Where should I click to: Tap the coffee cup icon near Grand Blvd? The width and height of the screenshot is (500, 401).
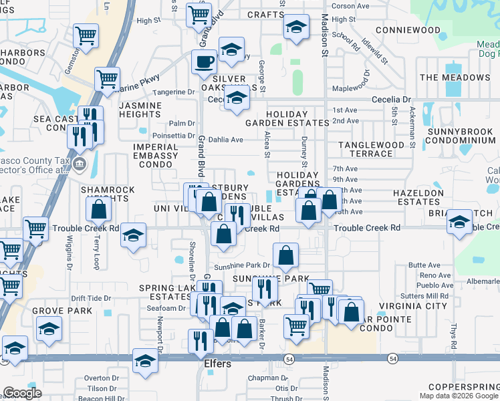point(204,62)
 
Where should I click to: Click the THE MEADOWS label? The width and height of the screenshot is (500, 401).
point(455,78)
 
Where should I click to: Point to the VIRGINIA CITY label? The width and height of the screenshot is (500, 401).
point(412,306)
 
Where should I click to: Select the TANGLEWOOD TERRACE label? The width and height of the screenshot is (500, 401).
point(371,149)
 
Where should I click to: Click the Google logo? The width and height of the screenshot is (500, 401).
point(22,393)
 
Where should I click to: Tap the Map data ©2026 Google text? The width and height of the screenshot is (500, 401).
point(459,396)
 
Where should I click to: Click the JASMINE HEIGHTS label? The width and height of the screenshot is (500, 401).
point(140,110)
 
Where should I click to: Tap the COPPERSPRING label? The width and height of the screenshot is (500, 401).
point(463,387)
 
